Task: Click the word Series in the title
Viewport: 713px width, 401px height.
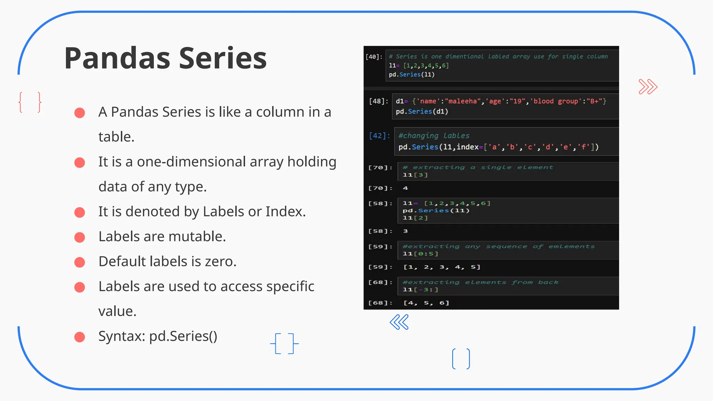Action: coord(223,58)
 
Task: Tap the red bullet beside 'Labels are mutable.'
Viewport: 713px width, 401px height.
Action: coord(80,237)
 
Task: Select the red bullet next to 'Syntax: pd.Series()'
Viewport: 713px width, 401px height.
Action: coord(80,337)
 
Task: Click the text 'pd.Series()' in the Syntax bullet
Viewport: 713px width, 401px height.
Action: coord(183,336)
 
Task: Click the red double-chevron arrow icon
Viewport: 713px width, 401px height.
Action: coord(648,87)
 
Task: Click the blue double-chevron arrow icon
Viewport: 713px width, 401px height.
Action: coord(399,322)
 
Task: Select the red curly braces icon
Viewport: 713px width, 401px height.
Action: coord(30,102)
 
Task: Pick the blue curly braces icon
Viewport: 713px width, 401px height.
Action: coord(284,344)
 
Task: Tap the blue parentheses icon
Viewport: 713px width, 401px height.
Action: coord(461,359)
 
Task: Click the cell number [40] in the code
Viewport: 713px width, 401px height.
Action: coord(374,57)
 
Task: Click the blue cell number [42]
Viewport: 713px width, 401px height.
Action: coord(379,136)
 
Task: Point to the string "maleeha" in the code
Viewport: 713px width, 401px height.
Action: coord(463,101)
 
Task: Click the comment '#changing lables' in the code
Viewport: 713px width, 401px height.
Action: coord(434,136)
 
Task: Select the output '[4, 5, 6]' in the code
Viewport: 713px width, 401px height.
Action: coord(426,303)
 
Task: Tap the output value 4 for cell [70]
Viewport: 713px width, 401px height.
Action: coord(405,188)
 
